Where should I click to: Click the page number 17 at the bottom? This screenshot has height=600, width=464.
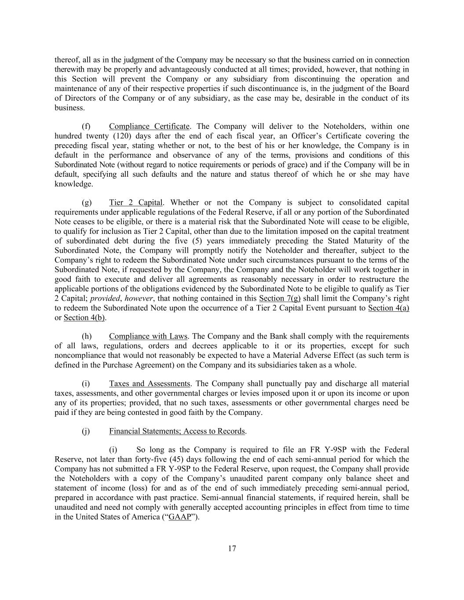(232, 548)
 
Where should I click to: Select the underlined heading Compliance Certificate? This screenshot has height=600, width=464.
(149, 127)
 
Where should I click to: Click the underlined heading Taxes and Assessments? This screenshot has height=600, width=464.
(150, 384)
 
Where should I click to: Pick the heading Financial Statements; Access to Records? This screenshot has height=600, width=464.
(177, 431)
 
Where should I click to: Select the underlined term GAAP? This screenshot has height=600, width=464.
(180, 517)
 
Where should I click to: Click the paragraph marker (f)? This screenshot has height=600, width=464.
(86, 127)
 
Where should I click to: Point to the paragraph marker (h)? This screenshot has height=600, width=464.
(87, 336)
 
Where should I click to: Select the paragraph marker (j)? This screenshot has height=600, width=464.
(86, 431)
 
